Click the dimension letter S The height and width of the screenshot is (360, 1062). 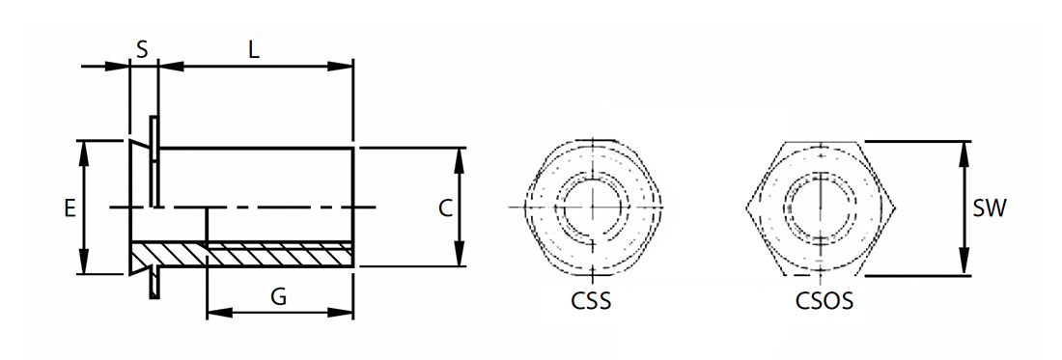click(142, 50)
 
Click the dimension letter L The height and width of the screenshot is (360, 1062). click(254, 50)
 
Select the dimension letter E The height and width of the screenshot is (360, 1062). click(70, 208)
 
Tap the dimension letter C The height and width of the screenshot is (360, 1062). click(445, 208)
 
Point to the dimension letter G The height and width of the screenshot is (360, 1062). click(278, 296)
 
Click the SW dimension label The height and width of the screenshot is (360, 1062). click(990, 208)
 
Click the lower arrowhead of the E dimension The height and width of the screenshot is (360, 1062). click(84, 262)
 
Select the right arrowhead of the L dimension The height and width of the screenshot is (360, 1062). click(340, 67)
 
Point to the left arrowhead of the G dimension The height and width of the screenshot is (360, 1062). click(219, 313)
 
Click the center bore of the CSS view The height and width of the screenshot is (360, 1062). click(594, 206)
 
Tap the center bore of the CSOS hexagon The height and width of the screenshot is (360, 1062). click(821, 206)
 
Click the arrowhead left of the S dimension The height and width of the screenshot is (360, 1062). click(116, 67)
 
